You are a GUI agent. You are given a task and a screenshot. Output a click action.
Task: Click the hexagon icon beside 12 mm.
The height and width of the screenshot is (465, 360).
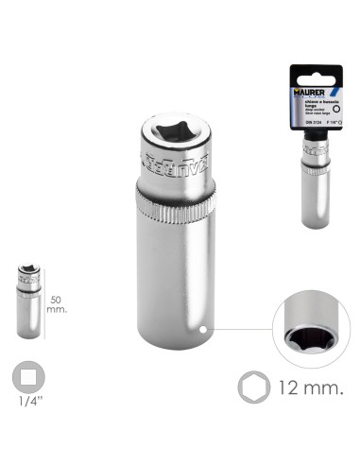click(x=250, y=388)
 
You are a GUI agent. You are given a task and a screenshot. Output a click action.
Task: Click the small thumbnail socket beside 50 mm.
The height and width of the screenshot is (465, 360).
click(x=28, y=300)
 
